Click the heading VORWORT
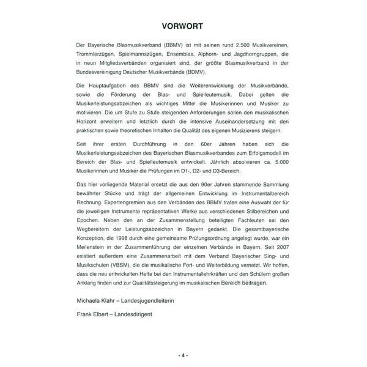click(183, 26)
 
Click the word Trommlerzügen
click(94, 55)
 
